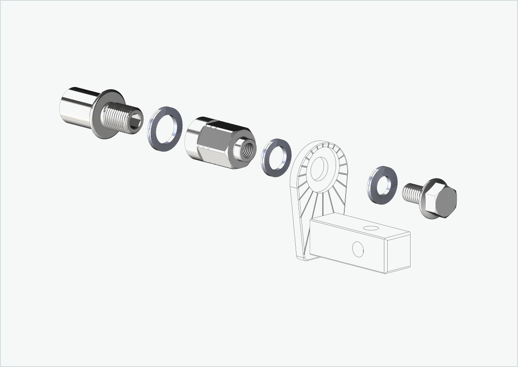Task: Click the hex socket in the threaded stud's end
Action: coord(136,121)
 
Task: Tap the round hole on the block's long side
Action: coord(358,249)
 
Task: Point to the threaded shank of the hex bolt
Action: coord(412,194)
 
